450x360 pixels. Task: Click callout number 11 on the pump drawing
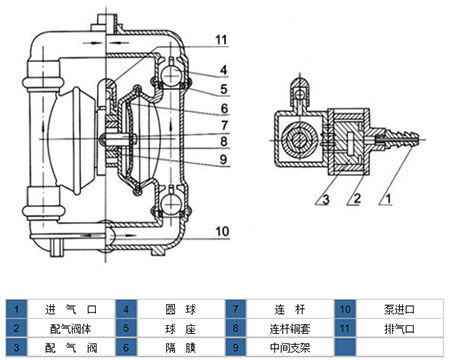coord(221,40)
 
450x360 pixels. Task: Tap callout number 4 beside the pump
coord(223,70)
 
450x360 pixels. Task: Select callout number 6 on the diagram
coord(224,109)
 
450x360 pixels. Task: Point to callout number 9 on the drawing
coord(224,160)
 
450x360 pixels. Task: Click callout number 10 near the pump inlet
coord(222,231)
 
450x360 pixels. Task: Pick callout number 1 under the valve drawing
coord(388,199)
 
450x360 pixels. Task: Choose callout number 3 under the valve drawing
coord(326,199)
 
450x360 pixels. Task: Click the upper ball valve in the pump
coord(170,75)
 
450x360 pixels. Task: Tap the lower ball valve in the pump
coord(170,202)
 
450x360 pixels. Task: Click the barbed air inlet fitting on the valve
coord(398,140)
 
